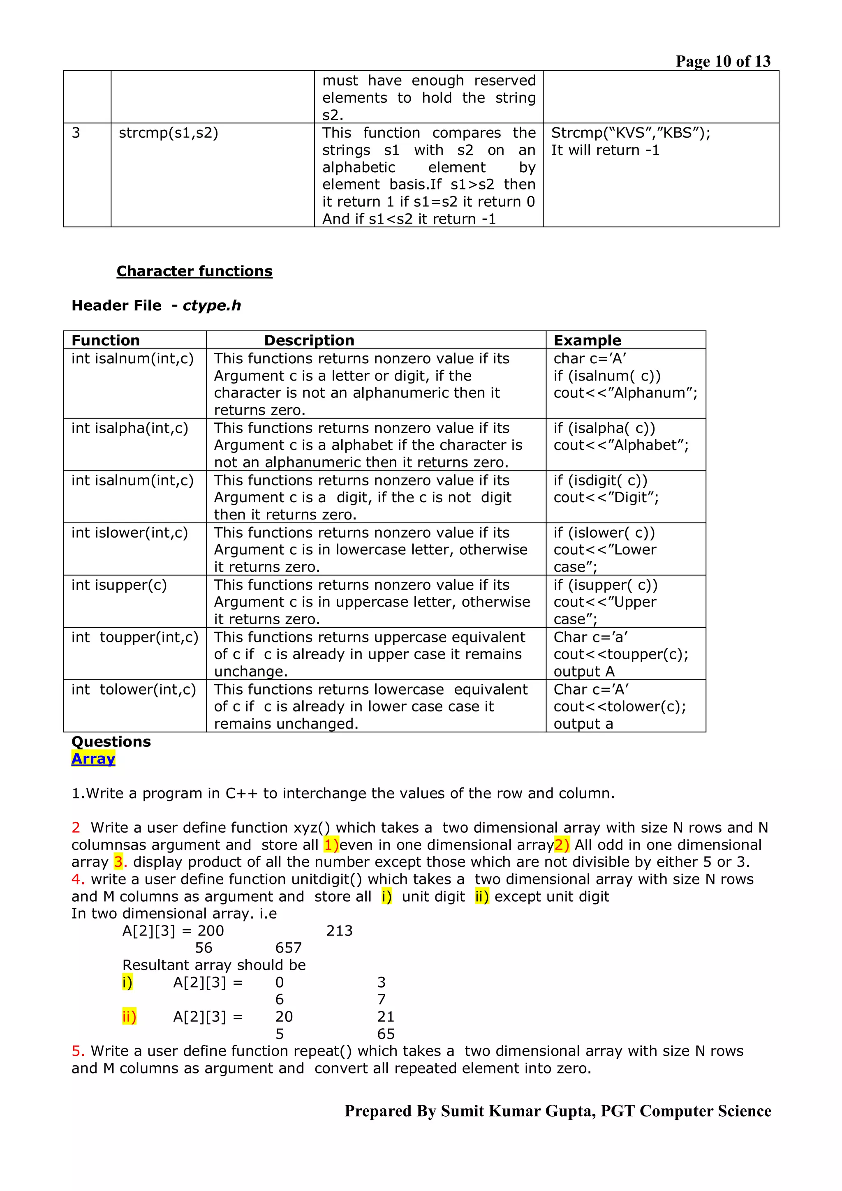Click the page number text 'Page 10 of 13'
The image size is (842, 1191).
click(x=723, y=61)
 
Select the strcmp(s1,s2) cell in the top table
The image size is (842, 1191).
click(x=169, y=133)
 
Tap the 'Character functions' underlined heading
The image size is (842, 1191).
click(x=194, y=271)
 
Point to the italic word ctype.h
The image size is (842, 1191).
click(x=212, y=305)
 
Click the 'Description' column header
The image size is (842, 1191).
click(x=309, y=340)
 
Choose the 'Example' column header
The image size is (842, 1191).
click(x=587, y=340)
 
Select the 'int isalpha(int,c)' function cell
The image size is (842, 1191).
click(x=130, y=428)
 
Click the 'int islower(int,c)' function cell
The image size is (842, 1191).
click(x=130, y=533)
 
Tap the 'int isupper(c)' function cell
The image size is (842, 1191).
click(x=119, y=585)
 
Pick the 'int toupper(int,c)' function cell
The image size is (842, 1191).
click(x=135, y=637)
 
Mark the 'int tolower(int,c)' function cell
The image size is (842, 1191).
click(x=134, y=689)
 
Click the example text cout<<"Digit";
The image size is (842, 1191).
click(x=606, y=497)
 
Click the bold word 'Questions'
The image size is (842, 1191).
click(x=111, y=741)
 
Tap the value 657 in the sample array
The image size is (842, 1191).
click(x=289, y=948)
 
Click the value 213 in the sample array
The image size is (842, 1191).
click(x=339, y=930)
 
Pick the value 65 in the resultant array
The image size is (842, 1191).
click(x=386, y=1034)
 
